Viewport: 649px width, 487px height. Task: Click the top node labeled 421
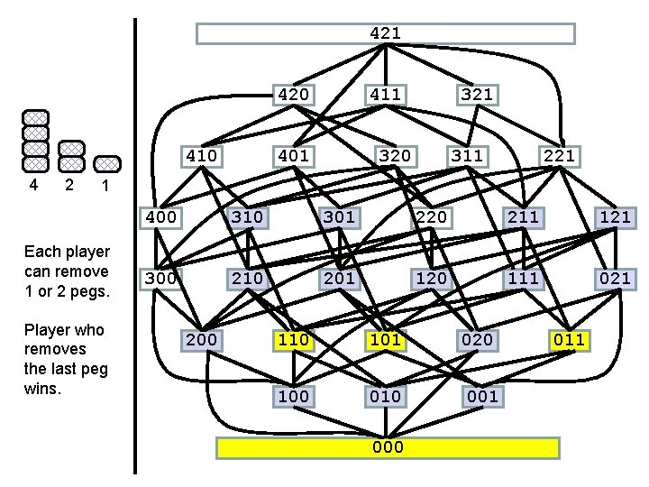386,33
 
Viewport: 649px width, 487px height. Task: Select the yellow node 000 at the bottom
388,447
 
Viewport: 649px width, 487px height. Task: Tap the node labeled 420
294,94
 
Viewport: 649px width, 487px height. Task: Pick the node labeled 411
385,94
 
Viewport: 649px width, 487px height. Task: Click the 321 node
476,94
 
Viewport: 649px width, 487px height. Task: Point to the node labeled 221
557,156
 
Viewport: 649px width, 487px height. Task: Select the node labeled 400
160,216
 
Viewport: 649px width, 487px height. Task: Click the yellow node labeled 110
294,339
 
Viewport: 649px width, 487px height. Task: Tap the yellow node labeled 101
385,339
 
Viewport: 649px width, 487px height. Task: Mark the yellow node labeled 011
569,339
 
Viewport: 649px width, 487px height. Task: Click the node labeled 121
615,216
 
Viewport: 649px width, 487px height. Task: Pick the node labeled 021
615,278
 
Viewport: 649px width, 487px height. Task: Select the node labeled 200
202,339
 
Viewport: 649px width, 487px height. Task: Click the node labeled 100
294,396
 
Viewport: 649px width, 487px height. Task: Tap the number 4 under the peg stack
33,185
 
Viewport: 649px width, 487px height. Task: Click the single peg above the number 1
107,163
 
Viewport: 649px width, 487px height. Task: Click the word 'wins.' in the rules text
43,390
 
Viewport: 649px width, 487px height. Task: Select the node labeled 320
395,156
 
